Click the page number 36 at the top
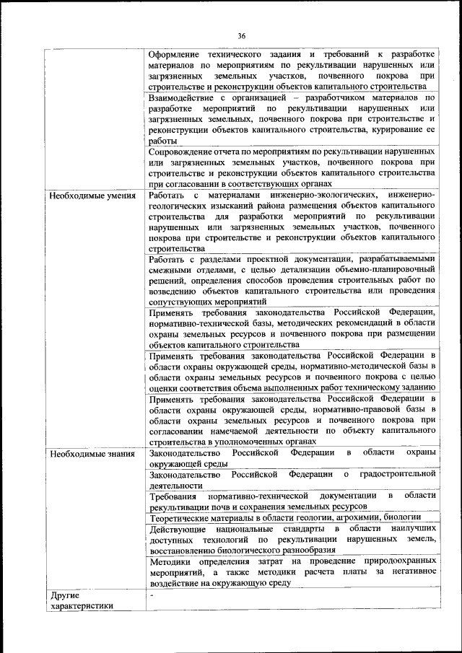click(241, 36)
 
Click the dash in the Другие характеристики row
click(152, 594)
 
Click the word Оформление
click(176, 55)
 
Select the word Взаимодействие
click(185, 97)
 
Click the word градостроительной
click(393, 474)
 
